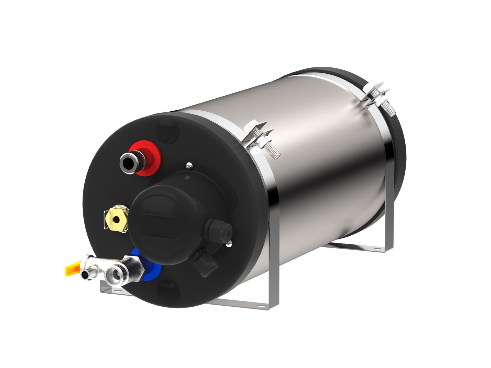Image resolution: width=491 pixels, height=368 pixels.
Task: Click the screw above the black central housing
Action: (x=189, y=166)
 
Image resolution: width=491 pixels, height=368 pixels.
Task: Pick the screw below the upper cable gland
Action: (x=229, y=244)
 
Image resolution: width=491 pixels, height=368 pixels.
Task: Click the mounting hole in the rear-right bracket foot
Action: (x=376, y=248)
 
